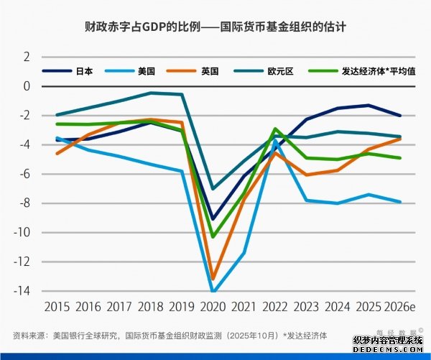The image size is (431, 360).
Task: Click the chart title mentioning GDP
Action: point(215,29)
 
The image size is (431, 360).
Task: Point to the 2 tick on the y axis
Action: point(27,57)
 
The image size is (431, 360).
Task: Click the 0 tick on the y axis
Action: point(27,86)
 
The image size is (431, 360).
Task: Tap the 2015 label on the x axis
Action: point(57,307)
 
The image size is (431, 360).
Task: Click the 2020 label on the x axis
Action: point(213,307)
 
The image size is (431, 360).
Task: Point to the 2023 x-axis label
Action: point(306,307)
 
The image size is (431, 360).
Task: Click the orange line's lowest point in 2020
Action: point(213,279)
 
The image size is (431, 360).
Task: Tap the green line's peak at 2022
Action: point(275,129)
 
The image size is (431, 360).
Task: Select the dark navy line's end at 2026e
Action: point(400,116)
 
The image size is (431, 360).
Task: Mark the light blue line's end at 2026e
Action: point(400,202)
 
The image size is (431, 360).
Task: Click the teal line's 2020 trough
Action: point(213,189)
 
